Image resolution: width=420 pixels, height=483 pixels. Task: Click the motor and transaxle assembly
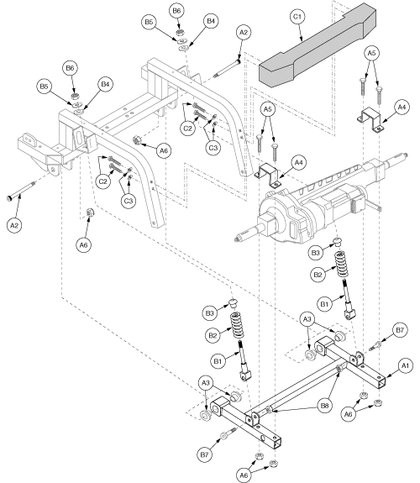[x=311, y=206]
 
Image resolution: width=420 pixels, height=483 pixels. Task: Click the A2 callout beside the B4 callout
[x=244, y=32]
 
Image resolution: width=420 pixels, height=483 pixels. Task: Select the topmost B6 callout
[x=176, y=10]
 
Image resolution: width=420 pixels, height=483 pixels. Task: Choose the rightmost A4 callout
[x=402, y=107]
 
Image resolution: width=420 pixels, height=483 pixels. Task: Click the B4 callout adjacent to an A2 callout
[x=211, y=19]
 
